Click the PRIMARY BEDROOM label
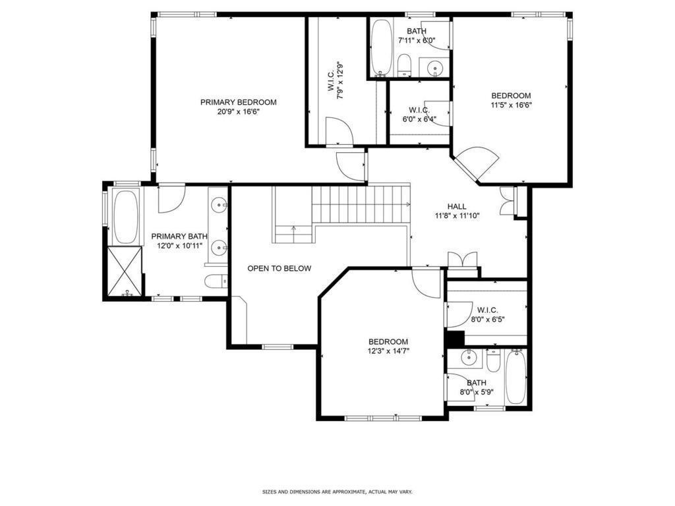(x=239, y=102)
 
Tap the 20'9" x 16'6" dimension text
(x=239, y=112)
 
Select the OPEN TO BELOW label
(x=279, y=268)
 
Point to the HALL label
(x=457, y=206)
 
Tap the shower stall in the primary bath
(x=125, y=271)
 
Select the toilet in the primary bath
(x=216, y=282)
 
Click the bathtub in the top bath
(x=381, y=48)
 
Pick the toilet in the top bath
(x=404, y=65)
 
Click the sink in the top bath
(x=435, y=67)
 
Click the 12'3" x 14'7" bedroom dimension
(x=388, y=351)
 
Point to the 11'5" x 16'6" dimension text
(x=511, y=105)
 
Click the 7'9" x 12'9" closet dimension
(x=341, y=80)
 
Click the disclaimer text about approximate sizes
(x=337, y=492)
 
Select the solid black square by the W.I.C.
(x=455, y=338)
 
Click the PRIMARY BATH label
(x=179, y=237)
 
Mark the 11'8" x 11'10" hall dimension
(x=457, y=215)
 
